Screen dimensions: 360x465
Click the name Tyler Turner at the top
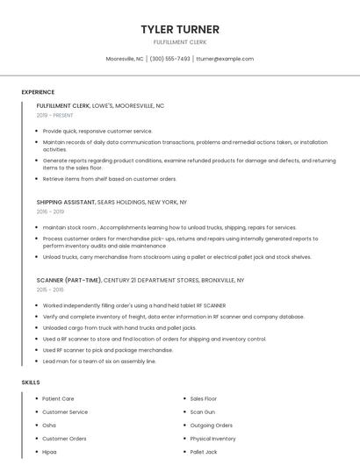[180, 30]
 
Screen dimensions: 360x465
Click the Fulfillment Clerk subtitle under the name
[180, 42]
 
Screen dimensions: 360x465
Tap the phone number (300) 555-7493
[169, 59]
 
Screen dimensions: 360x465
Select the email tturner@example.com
[225, 59]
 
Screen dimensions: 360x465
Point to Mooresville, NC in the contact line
[125, 59]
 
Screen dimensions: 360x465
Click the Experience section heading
[38, 92]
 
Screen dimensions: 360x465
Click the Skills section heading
[31, 383]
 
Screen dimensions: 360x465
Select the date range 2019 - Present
[54, 115]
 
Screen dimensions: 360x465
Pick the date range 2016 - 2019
[50, 211]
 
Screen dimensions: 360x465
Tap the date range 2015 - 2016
[50, 290]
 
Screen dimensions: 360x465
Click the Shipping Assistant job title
[66, 202]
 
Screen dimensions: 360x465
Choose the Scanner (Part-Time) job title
[68, 280]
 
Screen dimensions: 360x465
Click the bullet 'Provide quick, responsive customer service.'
[97, 131]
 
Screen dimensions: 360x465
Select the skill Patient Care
[58, 398]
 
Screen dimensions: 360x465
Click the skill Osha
[49, 425]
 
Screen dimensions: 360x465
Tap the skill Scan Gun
[202, 411]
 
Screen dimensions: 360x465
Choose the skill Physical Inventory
[212, 438]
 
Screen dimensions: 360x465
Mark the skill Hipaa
[50, 452]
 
